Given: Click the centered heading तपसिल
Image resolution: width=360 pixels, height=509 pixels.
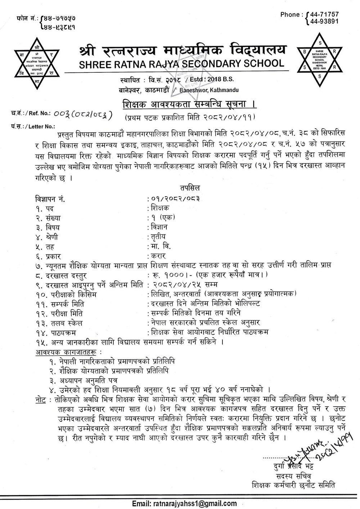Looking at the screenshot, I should tap(189, 188).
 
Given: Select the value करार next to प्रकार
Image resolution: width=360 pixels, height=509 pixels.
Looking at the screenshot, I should tap(158, 256).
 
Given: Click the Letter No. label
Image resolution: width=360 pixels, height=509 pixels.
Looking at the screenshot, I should tap(33, 126).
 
